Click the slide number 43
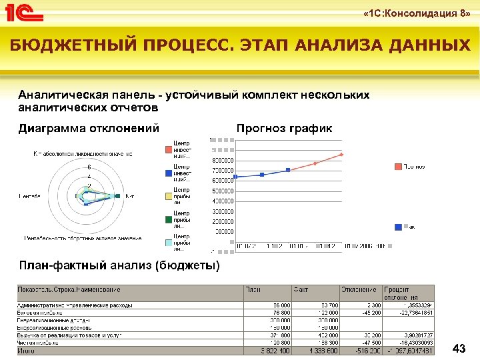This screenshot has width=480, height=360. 459,349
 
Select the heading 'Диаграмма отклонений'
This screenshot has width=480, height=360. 89,129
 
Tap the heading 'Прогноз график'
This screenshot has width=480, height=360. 284,129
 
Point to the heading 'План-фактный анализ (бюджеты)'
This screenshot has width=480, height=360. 119,266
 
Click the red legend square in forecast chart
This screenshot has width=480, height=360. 398,166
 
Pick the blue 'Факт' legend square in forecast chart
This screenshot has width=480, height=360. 398,227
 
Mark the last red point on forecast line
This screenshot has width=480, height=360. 341,155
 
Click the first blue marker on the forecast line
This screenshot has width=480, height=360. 235,177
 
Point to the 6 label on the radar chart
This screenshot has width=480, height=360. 89,167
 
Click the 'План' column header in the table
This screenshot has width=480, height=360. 254,289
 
